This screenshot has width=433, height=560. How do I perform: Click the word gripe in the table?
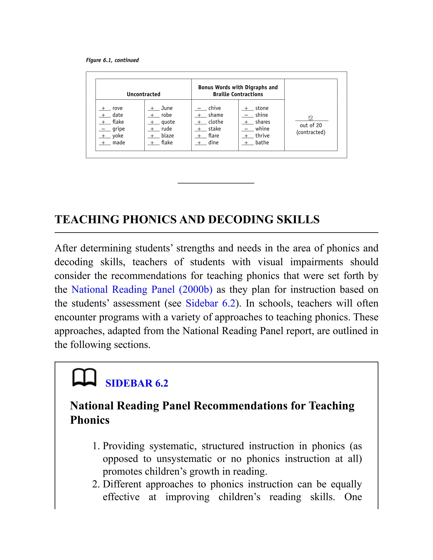coord(119,129)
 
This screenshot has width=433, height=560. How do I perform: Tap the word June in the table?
coord(167,108)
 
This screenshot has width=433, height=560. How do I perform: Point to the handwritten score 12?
coord(311,118)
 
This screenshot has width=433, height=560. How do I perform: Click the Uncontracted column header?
coord(143,94)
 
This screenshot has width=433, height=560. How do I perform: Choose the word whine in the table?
coord(262,129)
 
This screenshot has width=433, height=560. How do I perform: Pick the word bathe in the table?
coord(262,143)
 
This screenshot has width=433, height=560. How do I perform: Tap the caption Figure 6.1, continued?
coord(112,60)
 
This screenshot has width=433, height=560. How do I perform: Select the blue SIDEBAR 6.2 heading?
coord(137,383)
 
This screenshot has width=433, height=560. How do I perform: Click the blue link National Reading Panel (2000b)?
coord(142,290)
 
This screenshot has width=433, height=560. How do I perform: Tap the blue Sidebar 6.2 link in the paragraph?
coord(210,303)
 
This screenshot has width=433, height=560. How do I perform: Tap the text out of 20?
coord(311,125)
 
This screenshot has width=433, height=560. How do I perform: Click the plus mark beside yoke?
coord(103,136)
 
